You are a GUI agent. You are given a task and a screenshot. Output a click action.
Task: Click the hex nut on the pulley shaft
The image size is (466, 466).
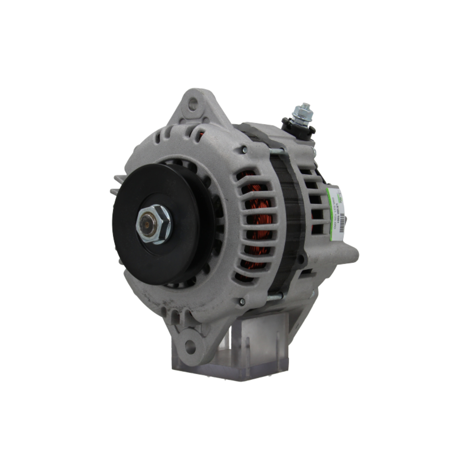tap(154, 224)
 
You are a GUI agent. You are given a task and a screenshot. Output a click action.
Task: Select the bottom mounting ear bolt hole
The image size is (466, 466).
tap(190, 346)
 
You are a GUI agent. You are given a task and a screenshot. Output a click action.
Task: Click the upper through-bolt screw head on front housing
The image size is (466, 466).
tap(244, 150)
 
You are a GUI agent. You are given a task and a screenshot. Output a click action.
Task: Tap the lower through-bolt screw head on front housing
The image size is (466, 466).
tap(242, 302)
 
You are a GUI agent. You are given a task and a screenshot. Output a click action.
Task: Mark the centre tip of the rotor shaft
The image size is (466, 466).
tap(148, 225)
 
